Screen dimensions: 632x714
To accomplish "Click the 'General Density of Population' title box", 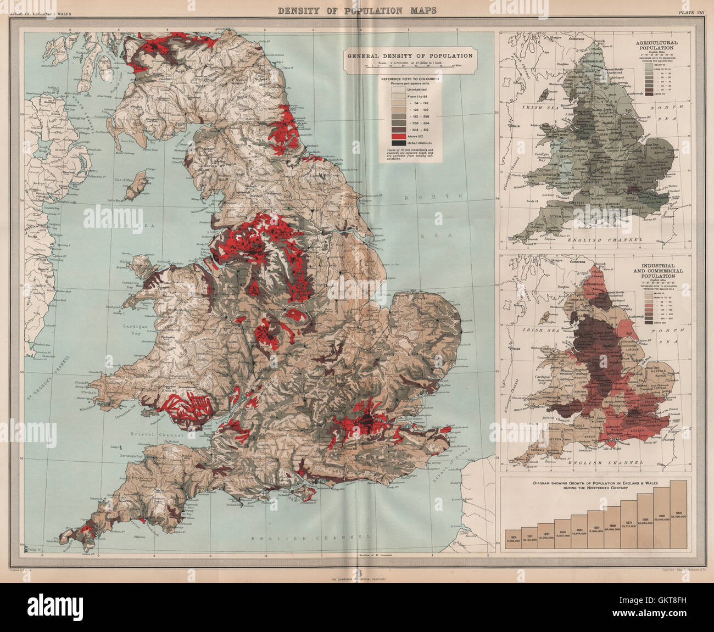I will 409,56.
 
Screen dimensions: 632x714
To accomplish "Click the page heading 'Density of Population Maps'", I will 357,10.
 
